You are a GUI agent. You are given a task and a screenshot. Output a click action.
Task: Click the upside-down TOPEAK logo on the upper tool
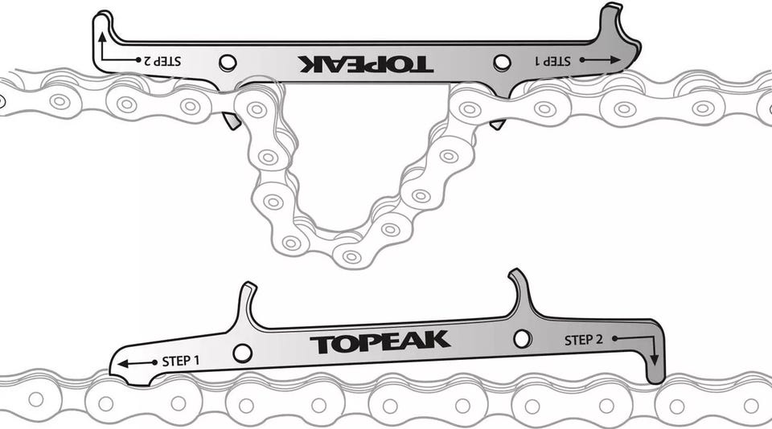point(365,64)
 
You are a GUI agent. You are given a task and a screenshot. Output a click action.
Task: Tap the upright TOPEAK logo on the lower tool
point(380,342)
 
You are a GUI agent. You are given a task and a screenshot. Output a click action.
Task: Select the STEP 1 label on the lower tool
point(181,361)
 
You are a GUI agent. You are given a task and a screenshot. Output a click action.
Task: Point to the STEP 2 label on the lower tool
point(584,340)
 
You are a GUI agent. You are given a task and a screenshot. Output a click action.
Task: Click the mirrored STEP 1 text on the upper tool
point(552,61)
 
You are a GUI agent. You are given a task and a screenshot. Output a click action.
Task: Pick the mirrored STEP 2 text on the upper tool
point(162,61)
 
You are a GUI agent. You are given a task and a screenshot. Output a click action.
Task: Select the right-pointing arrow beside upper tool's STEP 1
point(600,60)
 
